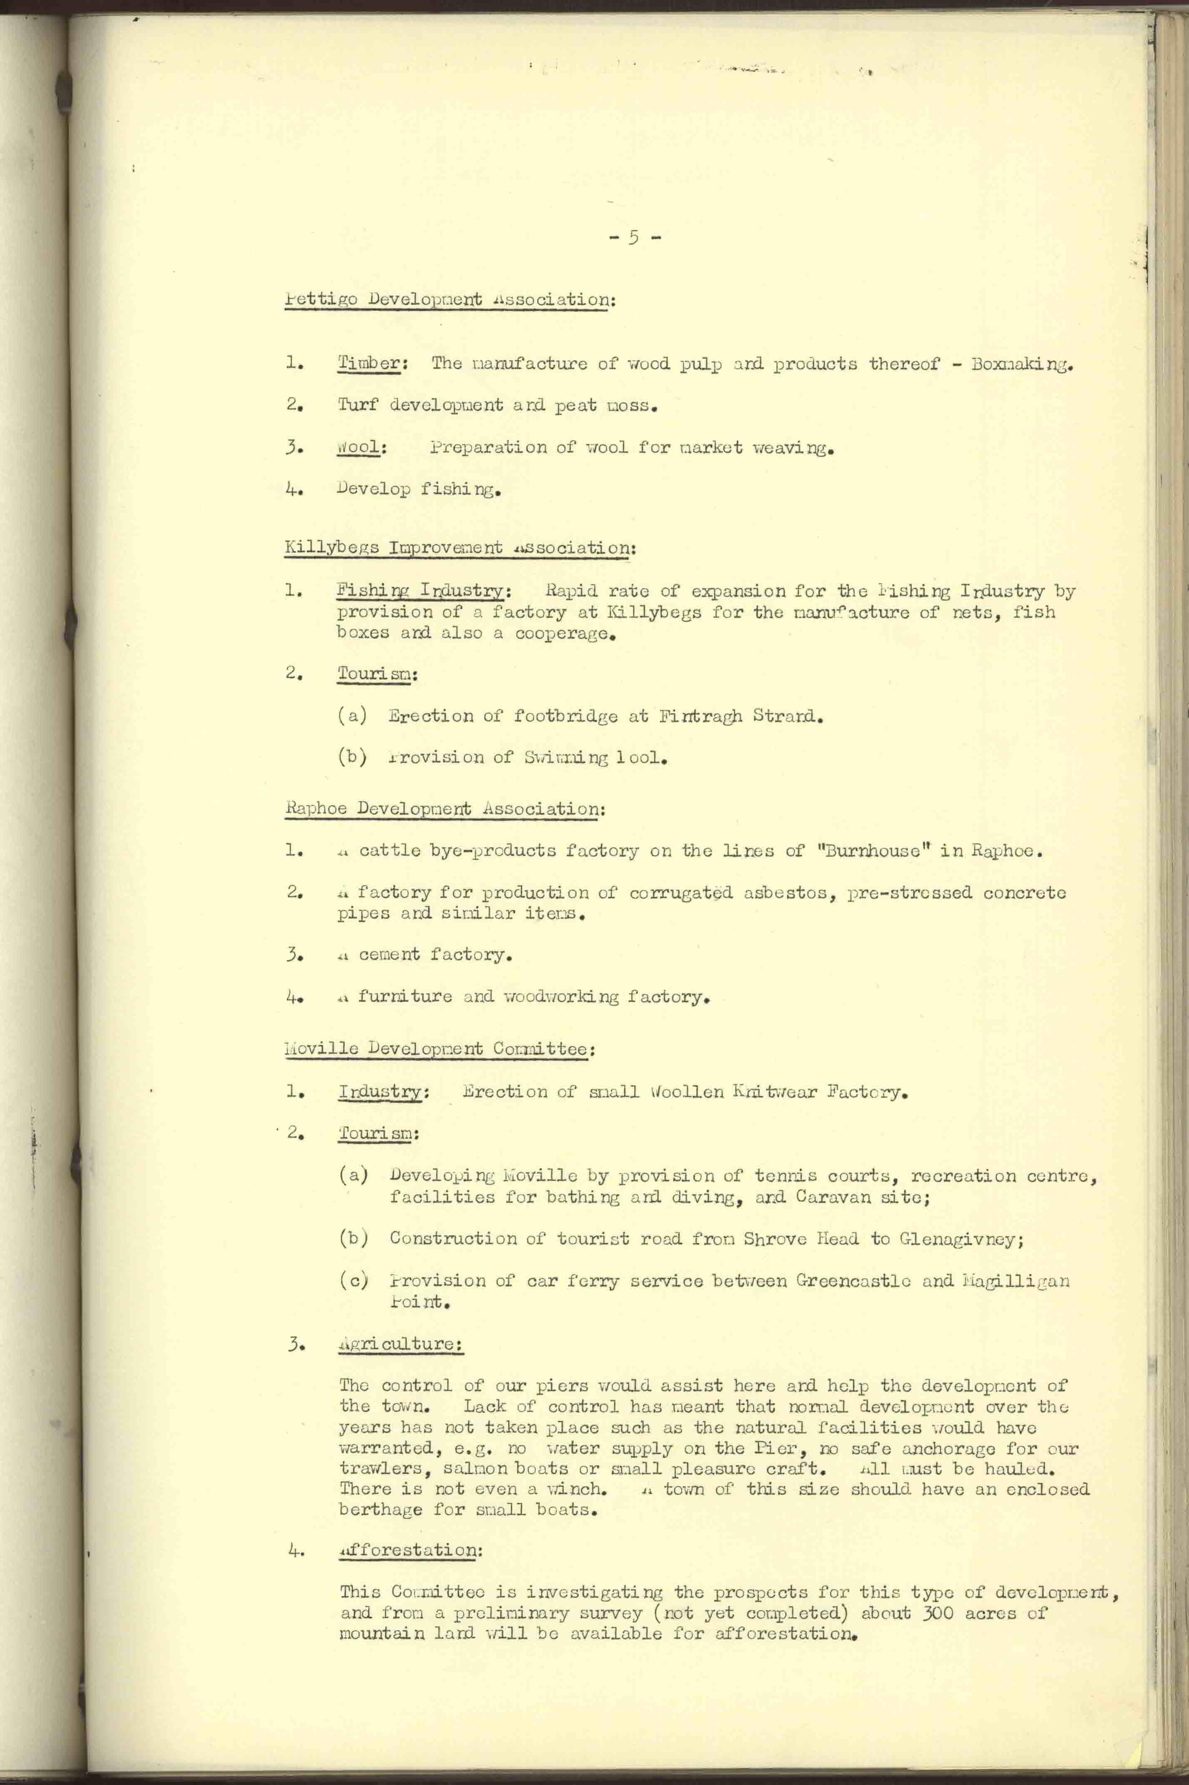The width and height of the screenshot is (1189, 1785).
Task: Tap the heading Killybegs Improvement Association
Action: click(x=459, y=548)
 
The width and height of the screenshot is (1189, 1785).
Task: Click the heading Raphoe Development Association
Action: click(x=444, y=809)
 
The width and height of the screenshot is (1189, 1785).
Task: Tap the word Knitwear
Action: click(x=774, y=1093)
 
